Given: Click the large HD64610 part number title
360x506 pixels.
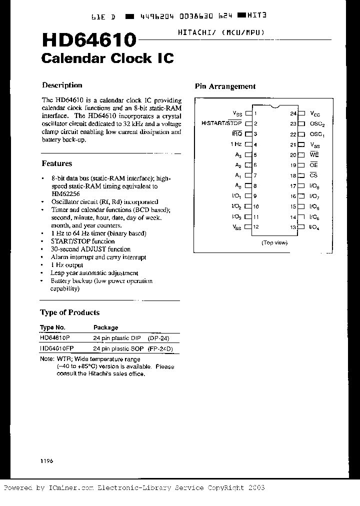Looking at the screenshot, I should pyautogui.click(x=88, y=40).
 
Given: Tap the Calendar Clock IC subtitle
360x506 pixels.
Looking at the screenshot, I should pyautogui.click(x=107, y=58).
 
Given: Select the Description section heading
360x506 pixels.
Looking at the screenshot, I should pyautogui.click(x=62, y=85).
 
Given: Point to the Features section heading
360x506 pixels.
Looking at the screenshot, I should pyautogui.click(x=56, y=163).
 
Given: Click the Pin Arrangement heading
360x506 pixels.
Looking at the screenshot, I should pyautogui.click(x=225, y=86).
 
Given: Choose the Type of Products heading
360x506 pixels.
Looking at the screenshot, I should pyautogui.click(x=69, y=312).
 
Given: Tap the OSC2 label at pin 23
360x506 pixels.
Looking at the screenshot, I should pyautogui.click(x=317, y=124).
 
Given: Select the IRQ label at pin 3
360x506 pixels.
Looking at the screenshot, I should pyautogui.click(x=236, y=134).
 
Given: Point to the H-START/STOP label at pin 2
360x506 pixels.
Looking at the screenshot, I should pyautogui.click(x=221, y=123).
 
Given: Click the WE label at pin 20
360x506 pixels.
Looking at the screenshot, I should pyautogui.click(x=314, y=155).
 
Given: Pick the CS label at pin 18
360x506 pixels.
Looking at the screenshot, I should pyautogui.click(x=313, y=175).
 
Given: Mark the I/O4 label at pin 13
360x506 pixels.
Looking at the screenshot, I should pyautogui.click(x=314, y=227).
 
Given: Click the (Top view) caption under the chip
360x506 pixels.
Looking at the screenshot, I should pyautogui.click(x=274, y=242).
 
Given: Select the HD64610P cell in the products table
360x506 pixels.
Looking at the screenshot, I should pyautogui.click(x=55, y=338).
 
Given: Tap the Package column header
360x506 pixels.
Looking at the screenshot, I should pyautogui.click(x=105, y=327).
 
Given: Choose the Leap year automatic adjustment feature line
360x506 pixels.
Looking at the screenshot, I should pyautogui.click(x=94, y=273).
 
